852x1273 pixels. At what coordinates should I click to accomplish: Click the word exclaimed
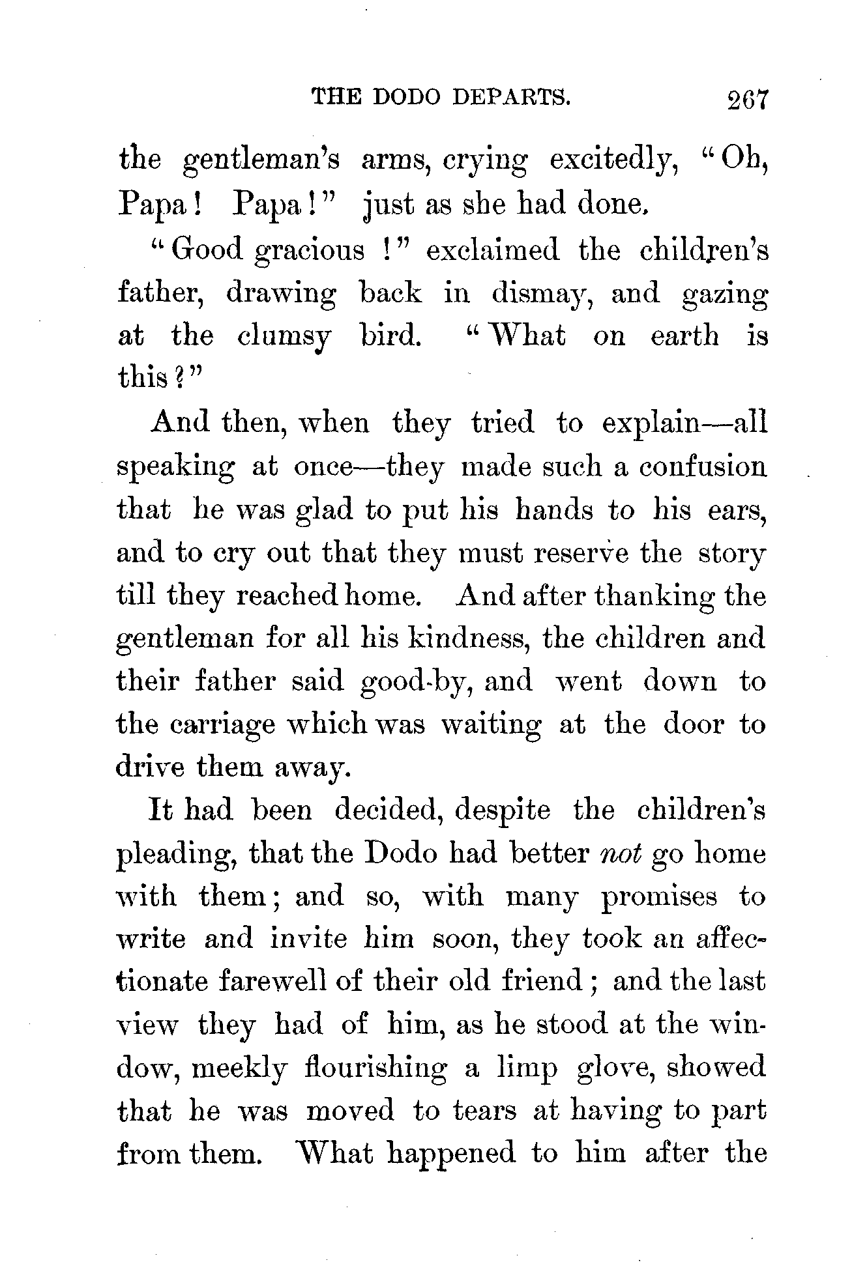click(493, 250)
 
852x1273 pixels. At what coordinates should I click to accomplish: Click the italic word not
click(619, 854)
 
